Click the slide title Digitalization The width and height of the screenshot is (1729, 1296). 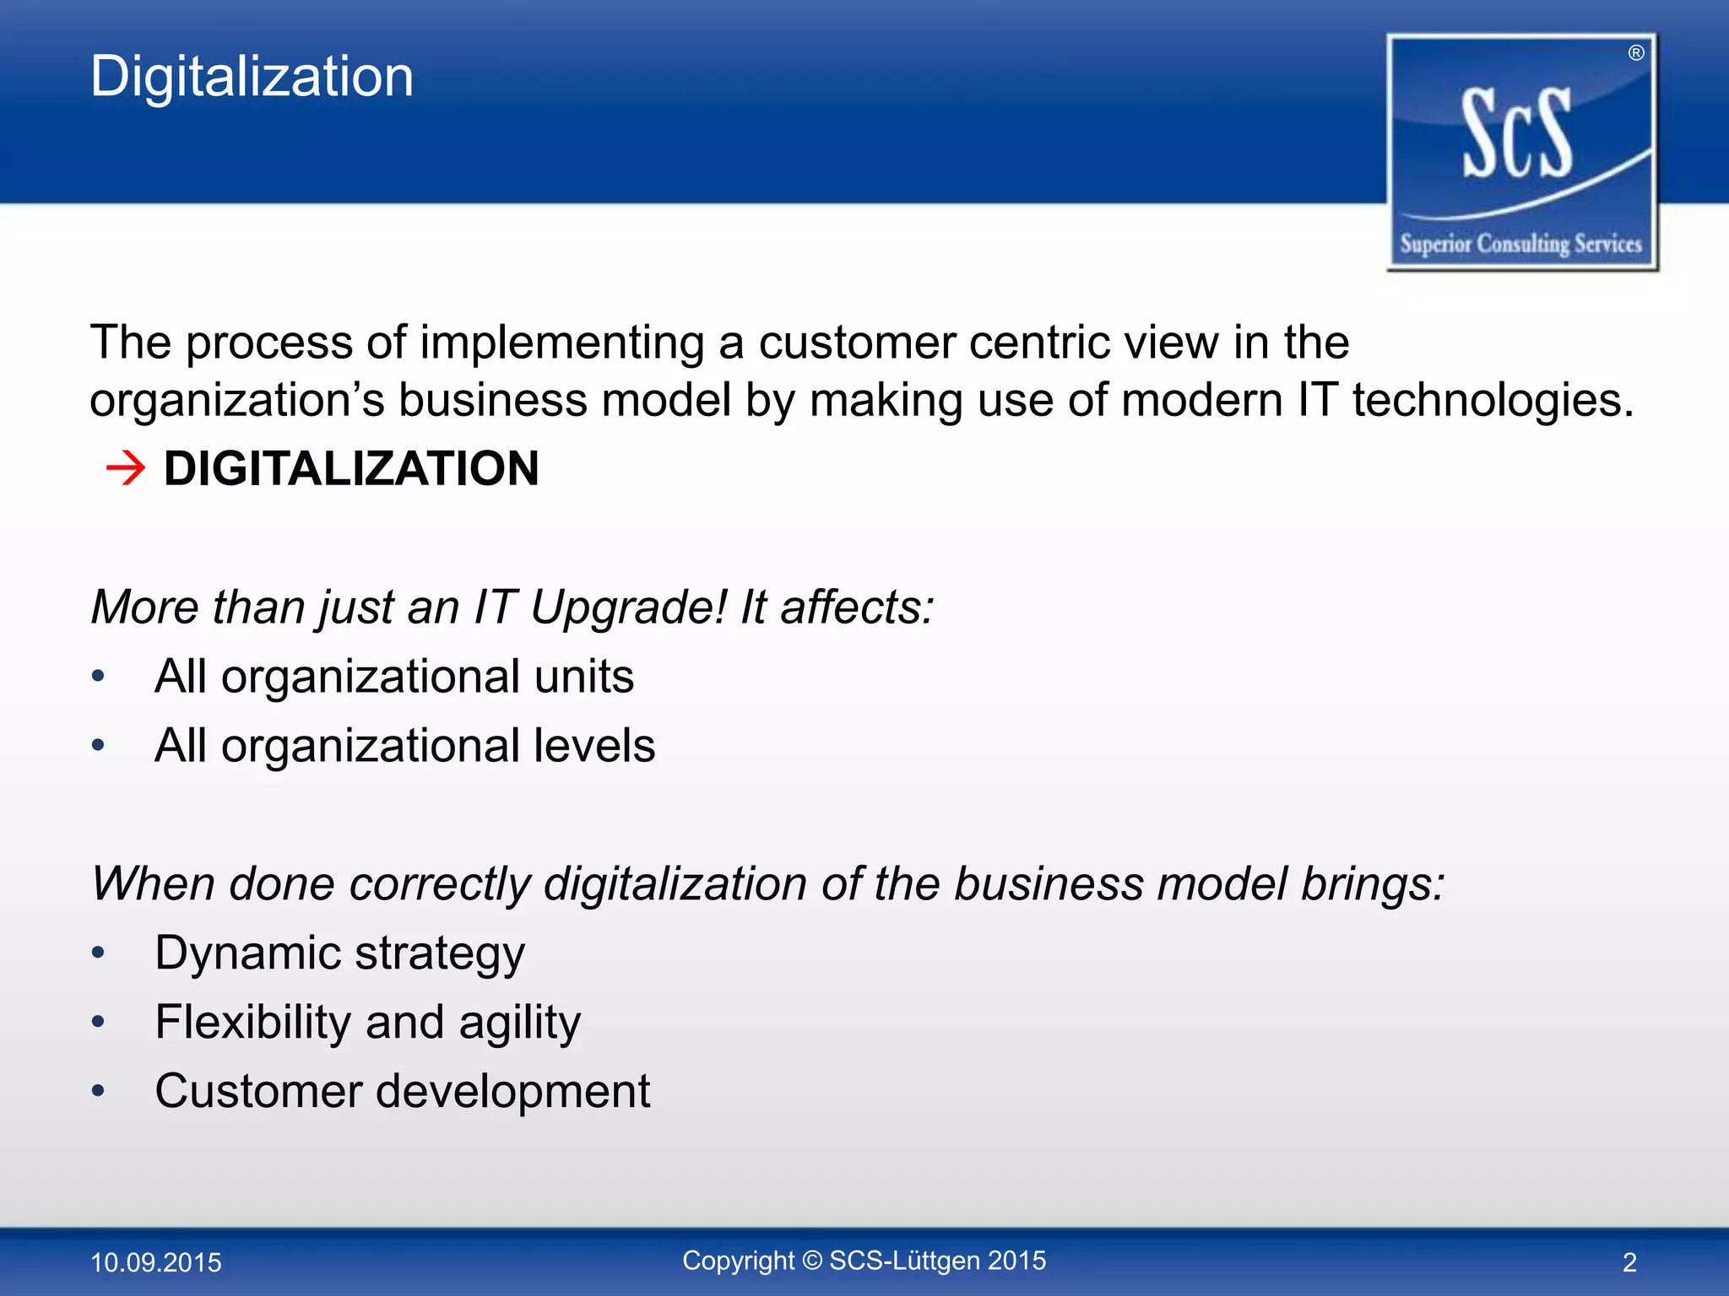tap(252, 78)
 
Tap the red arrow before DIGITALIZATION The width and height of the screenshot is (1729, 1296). tap(126, 468)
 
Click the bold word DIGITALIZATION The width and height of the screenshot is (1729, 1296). tap(350, 469)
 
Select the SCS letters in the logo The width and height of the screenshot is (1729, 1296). tap(1517, 135)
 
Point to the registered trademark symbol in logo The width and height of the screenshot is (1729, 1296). tap(1635, 53)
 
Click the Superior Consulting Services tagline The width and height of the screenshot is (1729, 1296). tap(1520, 245)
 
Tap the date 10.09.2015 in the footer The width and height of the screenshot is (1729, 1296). tap(155, 1262)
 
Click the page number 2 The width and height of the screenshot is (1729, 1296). tap(1629, 1262)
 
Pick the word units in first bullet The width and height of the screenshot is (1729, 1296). tap(583, 677)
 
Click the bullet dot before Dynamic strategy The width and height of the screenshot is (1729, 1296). tap(99, 953)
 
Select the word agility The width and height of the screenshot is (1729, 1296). tap(519, 1023)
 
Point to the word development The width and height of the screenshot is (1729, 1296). tap(512, 1092)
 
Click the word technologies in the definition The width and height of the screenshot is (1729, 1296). tap(1493, 400)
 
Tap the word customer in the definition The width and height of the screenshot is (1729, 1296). tap(857, 343)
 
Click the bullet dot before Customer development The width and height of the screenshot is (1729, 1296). tap(99, 1092)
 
